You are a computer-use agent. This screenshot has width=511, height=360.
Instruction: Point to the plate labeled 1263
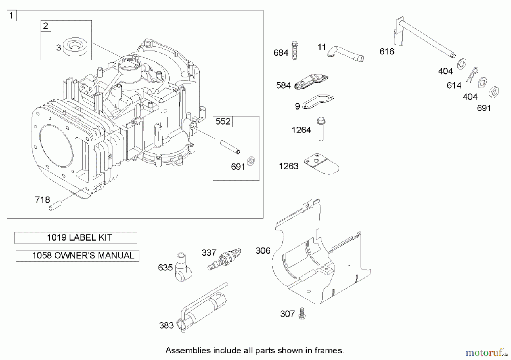pyautogui.click(x=322, y=164)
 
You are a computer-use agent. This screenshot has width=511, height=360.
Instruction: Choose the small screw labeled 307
pyautogui.click(x=302, y=313)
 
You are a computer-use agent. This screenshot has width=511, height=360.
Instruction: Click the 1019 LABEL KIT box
pyautogui.click(x=76, y=238)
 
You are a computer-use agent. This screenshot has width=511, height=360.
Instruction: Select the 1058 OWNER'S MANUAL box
pyautogui.click(x=78, y=256)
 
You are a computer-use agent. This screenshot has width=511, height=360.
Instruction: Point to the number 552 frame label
pyautogui.click(x=223, y=121)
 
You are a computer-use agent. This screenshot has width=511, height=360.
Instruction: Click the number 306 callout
pyautogui.click(x=263, y=250)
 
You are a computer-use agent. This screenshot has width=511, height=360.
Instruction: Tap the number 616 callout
pyautogui.click(x=387, y=51)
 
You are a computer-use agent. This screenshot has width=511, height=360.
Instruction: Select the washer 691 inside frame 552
pyautogui.click(x=251, y=161)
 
